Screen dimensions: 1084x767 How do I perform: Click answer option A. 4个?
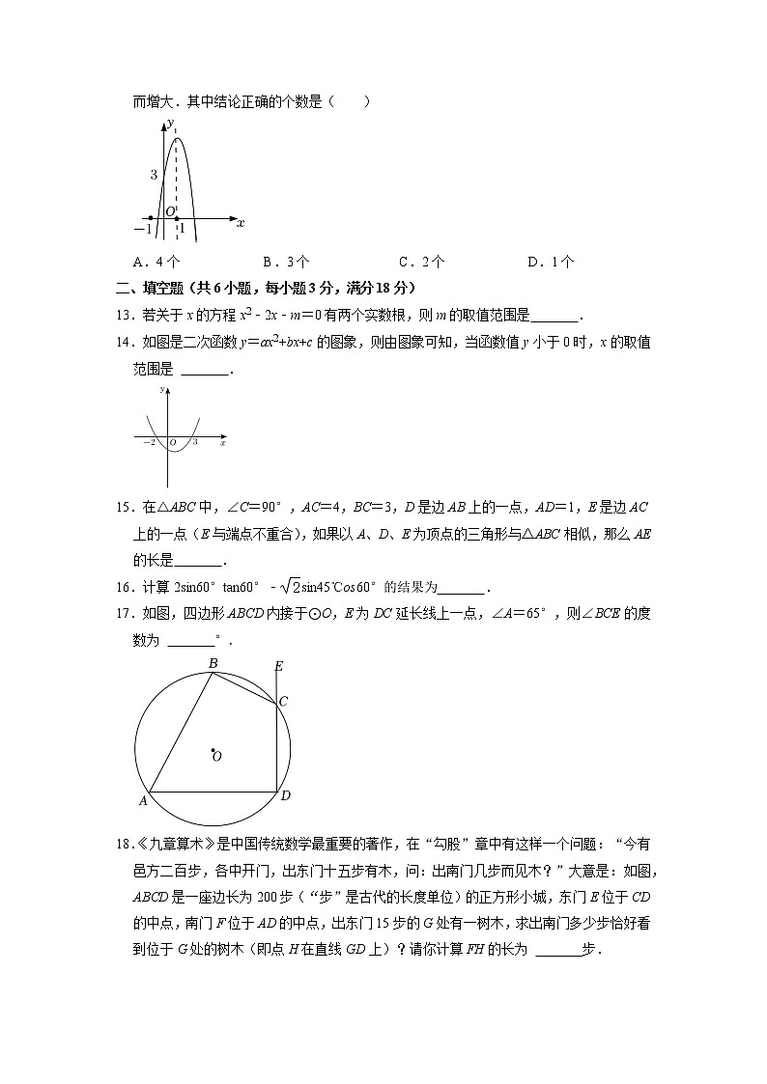click(156, 261)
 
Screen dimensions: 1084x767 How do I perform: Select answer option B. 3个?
click(286, 261)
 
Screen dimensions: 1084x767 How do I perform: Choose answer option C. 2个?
click(421, 261)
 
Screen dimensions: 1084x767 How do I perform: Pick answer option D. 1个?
click(551, 261)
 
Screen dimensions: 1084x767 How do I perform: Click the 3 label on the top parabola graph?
click(153, 175)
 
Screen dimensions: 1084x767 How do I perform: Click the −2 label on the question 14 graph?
click(150, 442)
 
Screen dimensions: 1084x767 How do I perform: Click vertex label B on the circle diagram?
click(213, 662)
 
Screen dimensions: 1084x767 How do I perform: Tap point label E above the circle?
click(278, 666)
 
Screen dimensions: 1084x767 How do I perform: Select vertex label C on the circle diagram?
click(283, 702)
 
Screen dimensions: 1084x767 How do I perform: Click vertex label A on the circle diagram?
click(142, 800)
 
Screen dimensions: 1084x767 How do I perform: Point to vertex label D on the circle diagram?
click(285, 795)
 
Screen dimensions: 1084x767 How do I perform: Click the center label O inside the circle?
click(217, 757)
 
